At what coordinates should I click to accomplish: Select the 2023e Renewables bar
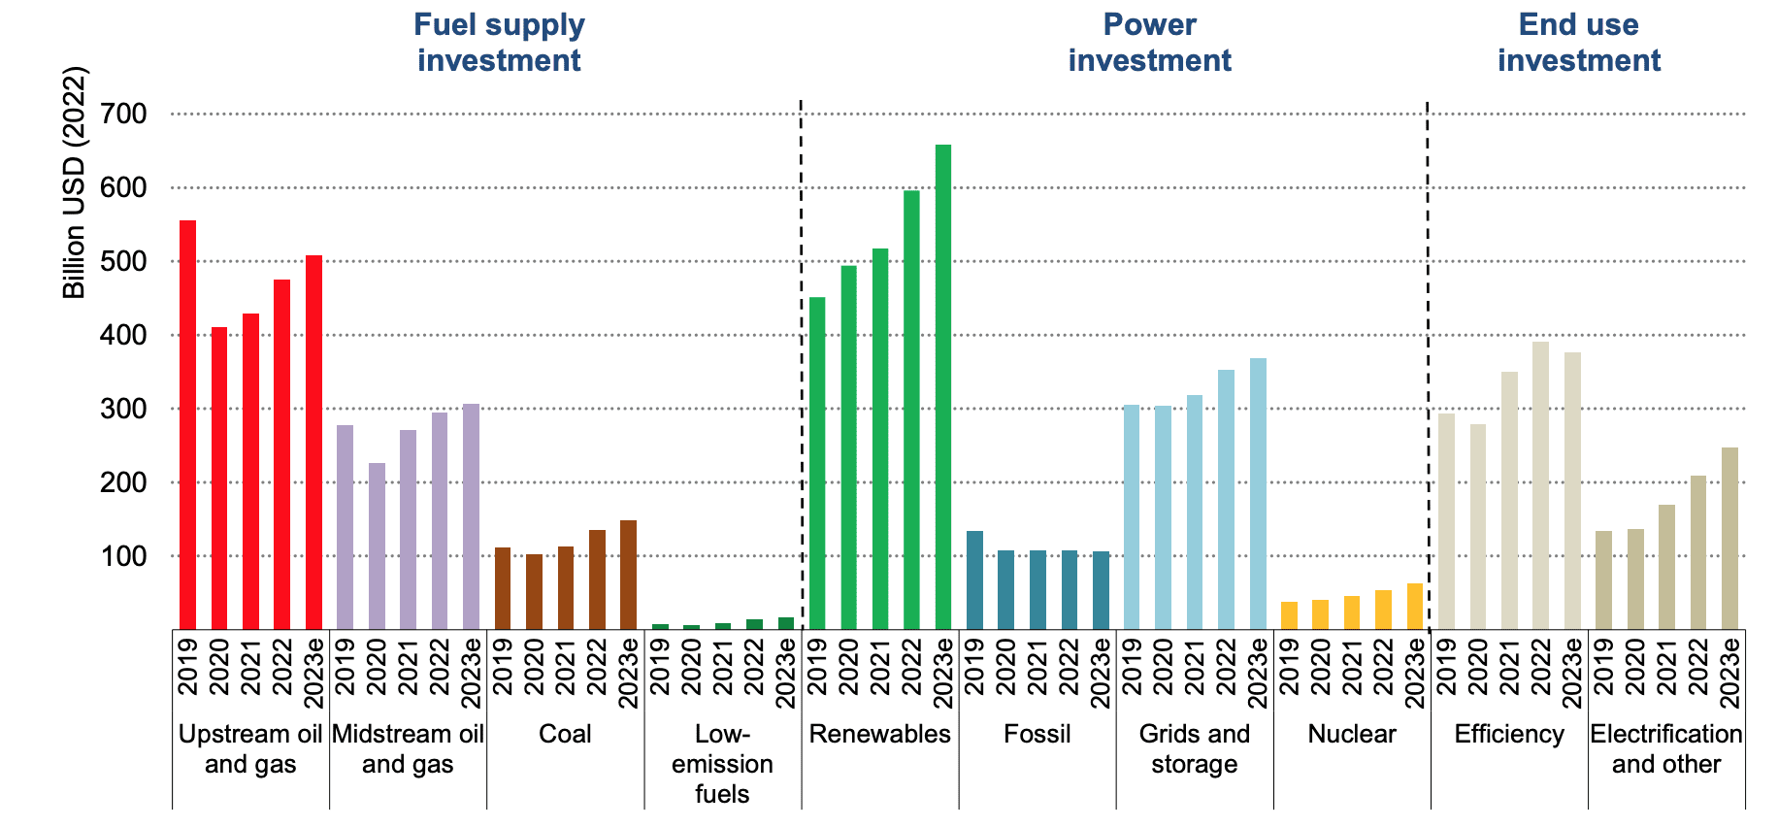942,387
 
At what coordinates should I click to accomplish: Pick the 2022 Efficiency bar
1540,485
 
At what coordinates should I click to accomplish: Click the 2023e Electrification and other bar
1729,539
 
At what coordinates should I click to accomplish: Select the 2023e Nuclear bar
1415,607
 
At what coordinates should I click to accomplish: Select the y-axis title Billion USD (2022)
75,182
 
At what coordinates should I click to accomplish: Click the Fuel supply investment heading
499,43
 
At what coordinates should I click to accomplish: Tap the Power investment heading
1149,43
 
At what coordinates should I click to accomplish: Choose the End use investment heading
1578,43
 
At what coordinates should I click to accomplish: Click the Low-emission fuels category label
722,764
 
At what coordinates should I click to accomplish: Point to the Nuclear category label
1351,734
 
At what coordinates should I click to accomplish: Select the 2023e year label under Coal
628,673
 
